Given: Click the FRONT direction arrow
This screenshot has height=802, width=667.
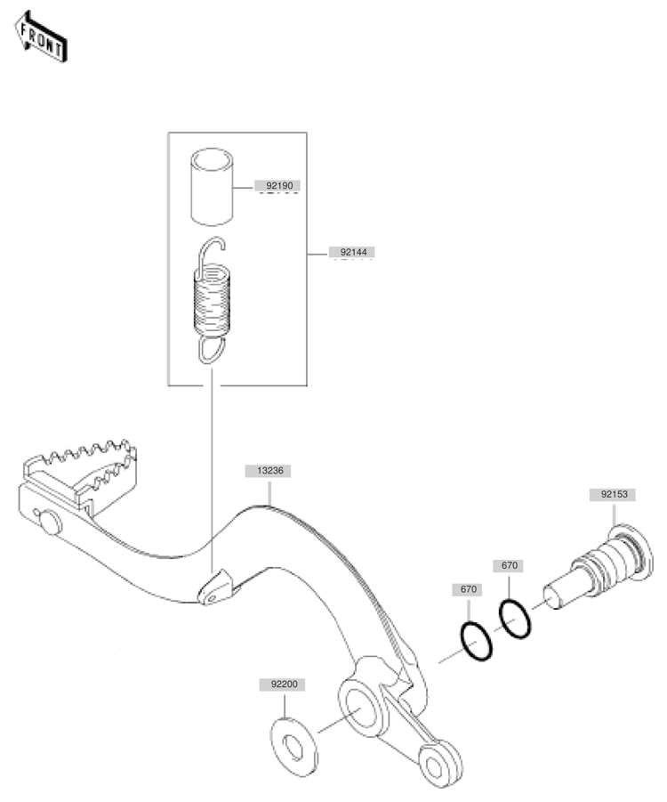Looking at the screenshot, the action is pyautogui.click(x=40, y=37).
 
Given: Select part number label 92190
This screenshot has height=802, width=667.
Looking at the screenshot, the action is pyautogui.click(x=279, y=186).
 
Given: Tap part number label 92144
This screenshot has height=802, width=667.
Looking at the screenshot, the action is pyautogui.click(x=353, y=252).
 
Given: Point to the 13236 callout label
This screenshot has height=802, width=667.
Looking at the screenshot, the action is pyautogui.click(x=269, y=471).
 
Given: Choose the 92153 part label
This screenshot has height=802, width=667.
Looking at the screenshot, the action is pyautogui.click(x=614, y=495).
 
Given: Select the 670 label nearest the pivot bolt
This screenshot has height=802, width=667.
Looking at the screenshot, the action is pyautogui.click(x=509, y=566).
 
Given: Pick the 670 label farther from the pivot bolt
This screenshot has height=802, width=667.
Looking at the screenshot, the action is pyautogui.click(x=468, y=589).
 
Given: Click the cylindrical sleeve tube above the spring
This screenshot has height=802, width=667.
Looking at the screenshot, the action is pyautogui.click(x=213, y=187).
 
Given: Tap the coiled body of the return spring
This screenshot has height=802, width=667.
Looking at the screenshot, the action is pyautogui.click(x=213, y=301).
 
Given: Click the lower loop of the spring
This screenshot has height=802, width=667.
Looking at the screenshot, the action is pyautogui.click(x=211, y=350).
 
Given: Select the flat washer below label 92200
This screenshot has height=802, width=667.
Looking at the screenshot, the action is pyautogui.click(x=293, y=747).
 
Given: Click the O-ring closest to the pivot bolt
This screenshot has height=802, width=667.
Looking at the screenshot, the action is pyautogui.click(x=515, y=619).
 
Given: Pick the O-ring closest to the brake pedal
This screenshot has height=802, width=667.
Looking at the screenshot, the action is pyautogui.click(x=477, y=641).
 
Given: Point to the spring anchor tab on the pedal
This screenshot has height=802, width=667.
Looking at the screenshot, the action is pyautogui.click(x=214, y=587).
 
